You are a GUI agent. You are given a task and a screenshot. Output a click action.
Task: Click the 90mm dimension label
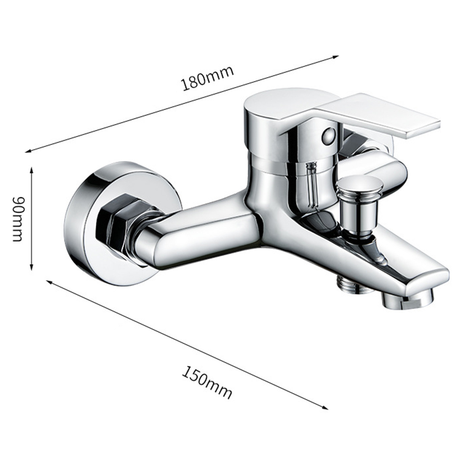point(18,218)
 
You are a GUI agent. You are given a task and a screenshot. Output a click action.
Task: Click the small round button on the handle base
point(328,136)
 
